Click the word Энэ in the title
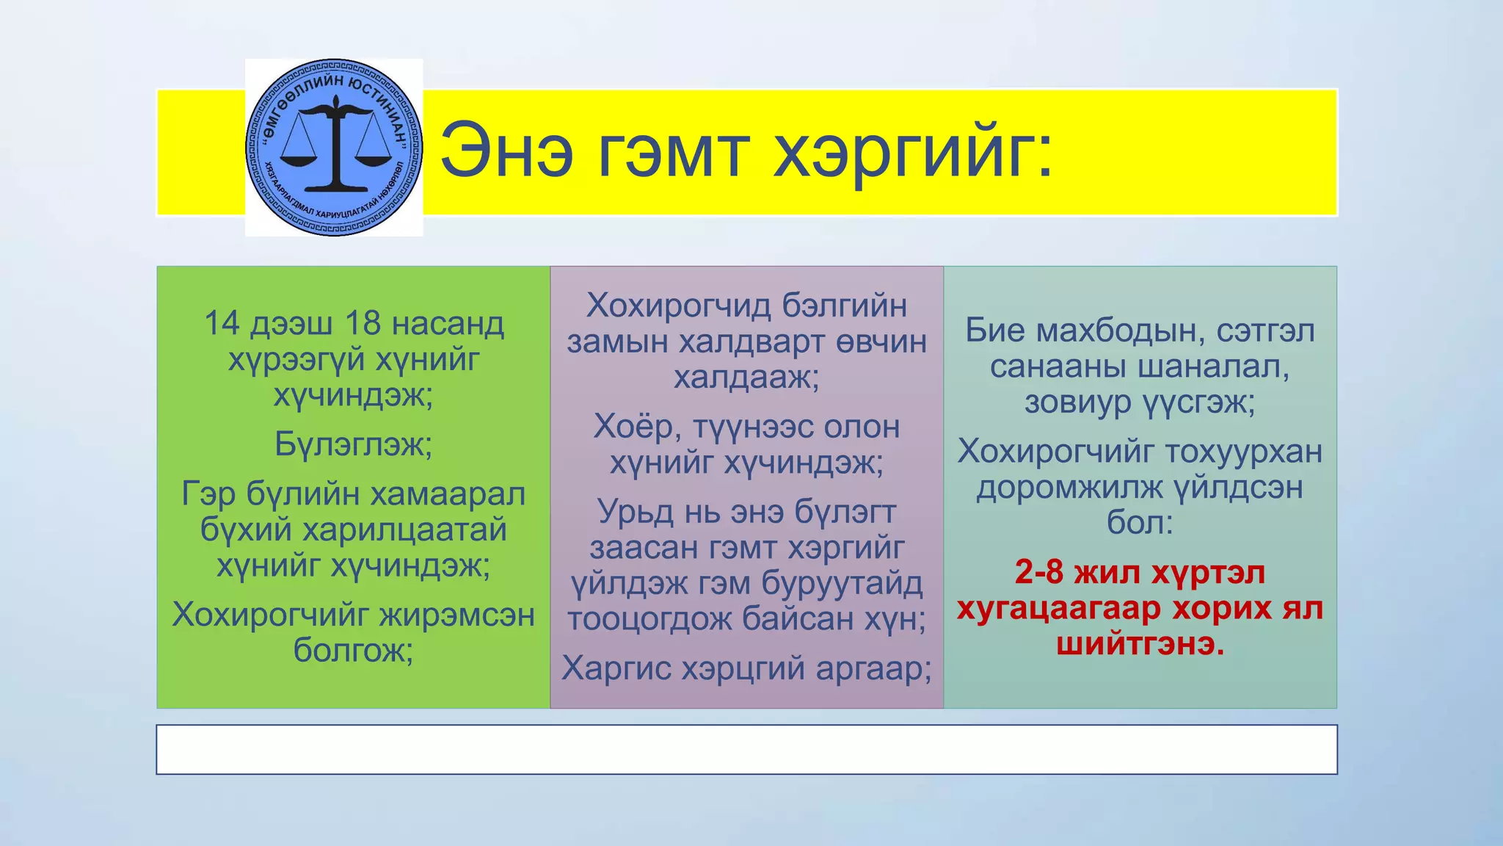pos(506,153)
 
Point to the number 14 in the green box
pos(222,324)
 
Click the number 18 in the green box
pos(362,324)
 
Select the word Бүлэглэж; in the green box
pos(354,444)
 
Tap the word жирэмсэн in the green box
pos(454,615)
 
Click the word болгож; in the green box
pos(354,651)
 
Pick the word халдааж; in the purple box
pos(746,377)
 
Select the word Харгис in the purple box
pos(618,668)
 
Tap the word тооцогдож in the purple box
pos(649,619)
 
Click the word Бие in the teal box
pos(994,330)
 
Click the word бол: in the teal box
pos(1140,523)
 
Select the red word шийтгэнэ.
pos(1140,644)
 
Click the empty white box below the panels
pos(746,749)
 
